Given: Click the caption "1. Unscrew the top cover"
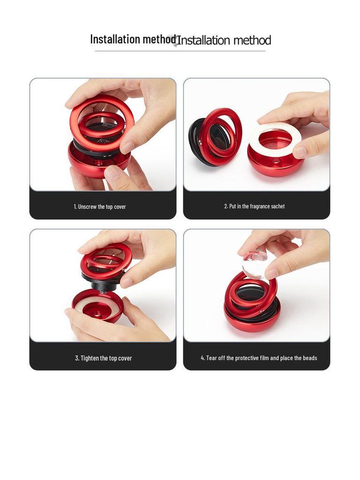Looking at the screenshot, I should pos(99,207).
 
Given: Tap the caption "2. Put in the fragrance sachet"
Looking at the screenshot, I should pos(255,206).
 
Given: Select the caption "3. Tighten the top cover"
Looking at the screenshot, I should pos(103,358).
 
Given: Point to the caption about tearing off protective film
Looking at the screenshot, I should pos(259,358).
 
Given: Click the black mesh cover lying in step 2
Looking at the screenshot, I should pos(199,141).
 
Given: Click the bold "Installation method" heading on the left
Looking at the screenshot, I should pos(133,39).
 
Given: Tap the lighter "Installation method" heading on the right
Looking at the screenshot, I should pos(224,40).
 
